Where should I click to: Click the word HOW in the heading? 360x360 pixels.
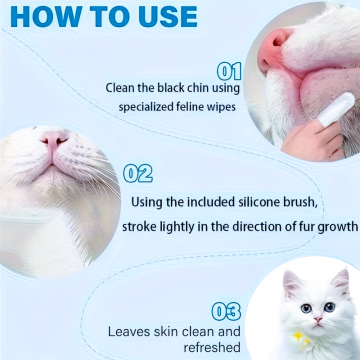point(46,17)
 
